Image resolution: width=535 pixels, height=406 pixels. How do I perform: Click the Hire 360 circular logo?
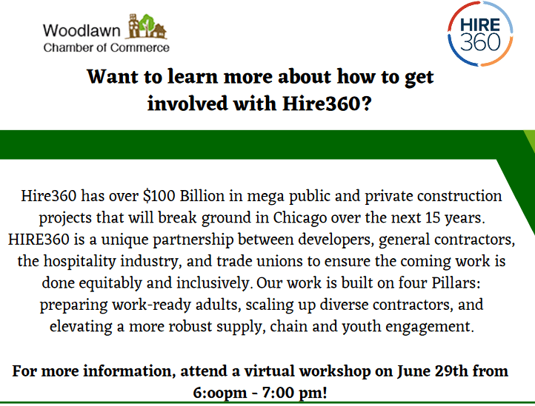[480, 34]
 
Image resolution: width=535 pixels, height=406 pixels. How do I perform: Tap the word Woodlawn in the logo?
[82, 30]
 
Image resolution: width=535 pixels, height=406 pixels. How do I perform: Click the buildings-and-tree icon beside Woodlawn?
[147, 26]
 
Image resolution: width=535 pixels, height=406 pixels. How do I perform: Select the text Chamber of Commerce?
[106, 47]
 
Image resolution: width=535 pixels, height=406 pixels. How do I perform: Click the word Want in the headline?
[113, 76]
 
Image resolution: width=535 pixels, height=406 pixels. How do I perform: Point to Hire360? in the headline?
[327, 104]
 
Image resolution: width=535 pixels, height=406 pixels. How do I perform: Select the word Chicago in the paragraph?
[300, 218]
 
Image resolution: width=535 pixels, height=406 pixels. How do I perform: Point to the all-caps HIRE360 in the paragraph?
[39, 240]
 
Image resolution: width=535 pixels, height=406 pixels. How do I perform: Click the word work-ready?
[152, 305]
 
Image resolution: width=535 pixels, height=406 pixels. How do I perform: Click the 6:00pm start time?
[220, 393]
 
